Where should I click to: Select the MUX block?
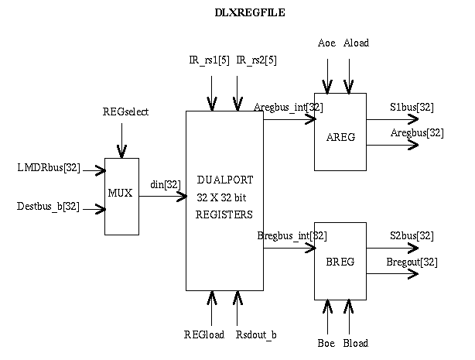121,196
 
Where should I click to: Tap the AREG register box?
340,132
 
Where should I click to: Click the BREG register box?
340,261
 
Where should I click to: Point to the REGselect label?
125,111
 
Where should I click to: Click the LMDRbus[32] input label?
49,167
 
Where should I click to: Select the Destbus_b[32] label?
48,206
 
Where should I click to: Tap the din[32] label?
166,184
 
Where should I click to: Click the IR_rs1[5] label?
209,60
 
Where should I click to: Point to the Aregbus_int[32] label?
289,107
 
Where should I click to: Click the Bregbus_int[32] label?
292,235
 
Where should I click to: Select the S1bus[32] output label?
411,107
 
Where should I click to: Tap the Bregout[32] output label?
412,262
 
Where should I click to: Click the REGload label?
204,334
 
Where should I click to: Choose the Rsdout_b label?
256,334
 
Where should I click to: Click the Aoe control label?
326,43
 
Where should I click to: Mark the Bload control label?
355,342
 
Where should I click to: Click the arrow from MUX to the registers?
162,196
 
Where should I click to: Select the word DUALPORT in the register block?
225,180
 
